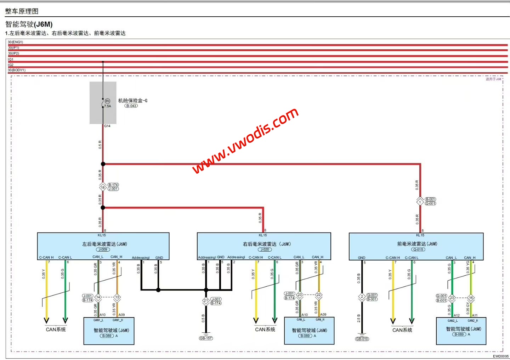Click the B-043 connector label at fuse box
pyautogui.click(x=131, y=106)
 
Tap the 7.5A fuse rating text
pyautogui.click(x=108, y=106)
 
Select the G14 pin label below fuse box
pyautogui.click(x=107, y=126)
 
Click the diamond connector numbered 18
pyautogui.click(x=103, y=187)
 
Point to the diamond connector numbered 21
pyautogui.click(x=206, y=300)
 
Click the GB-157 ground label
pyautogui.click(x=206, y=338)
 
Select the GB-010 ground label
pyautogui.click(x=362, y=339)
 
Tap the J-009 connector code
pyautogui.click(x=103, y=249)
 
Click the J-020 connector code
pyautogui.click(x=265, y=249)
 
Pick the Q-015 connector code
pyautogui.click(x=418, y=249)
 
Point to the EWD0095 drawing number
pyautogui.click(x=500, y=356)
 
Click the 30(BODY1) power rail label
pyautogui.click(x=17, y=70)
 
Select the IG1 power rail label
pyautogui.click(x=11, y=59)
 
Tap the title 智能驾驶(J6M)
pyautogui.click(x=29, y=24)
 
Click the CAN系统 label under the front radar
pyautogui.click(x=402, y=330)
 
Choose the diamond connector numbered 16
pyautogui.click(x=471, y=298)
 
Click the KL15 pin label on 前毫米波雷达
pyautogui.click(x=420, y=235)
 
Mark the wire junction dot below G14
pyautogui.click(x=103, y=164)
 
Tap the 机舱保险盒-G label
pyautogui.click(x=133, y=100)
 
